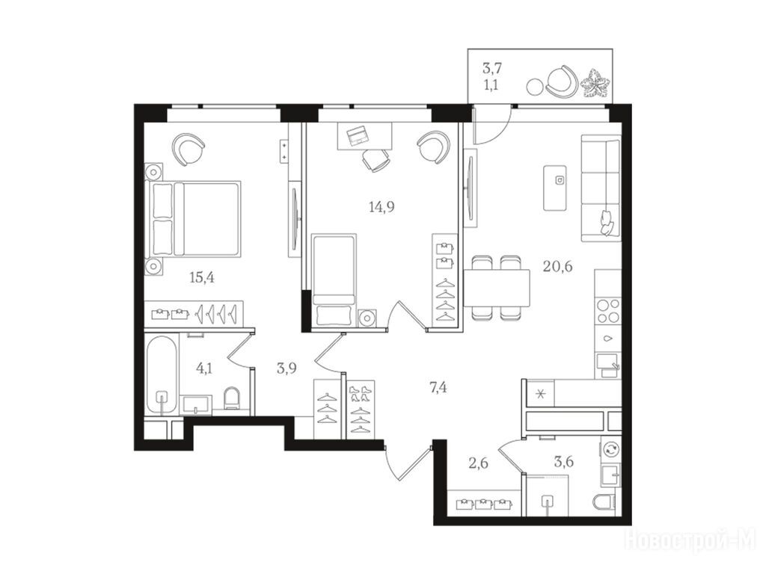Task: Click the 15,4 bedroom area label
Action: (x=202, y=278)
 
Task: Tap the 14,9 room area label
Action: (x=382, y=207)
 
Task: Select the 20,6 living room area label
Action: (x=557, y=267)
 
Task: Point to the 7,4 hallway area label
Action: (x=438, y=388)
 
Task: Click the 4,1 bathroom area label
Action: (x=204, y=368)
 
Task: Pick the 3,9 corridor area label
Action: (x=287, y=368)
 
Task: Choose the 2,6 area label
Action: (x=478, y=462)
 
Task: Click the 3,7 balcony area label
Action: (x=492, y=68)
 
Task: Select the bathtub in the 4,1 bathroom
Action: (x=162, y=375)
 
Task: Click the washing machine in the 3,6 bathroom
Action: (x=610, y=450)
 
